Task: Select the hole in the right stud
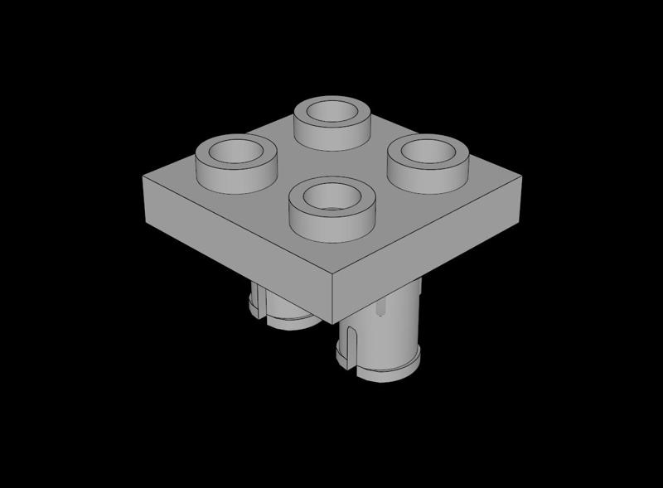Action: tap(428, 151)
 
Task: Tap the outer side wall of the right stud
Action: tap(429, 174)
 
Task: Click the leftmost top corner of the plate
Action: tap(143, 176)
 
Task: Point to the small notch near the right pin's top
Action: tap(380, 310)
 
